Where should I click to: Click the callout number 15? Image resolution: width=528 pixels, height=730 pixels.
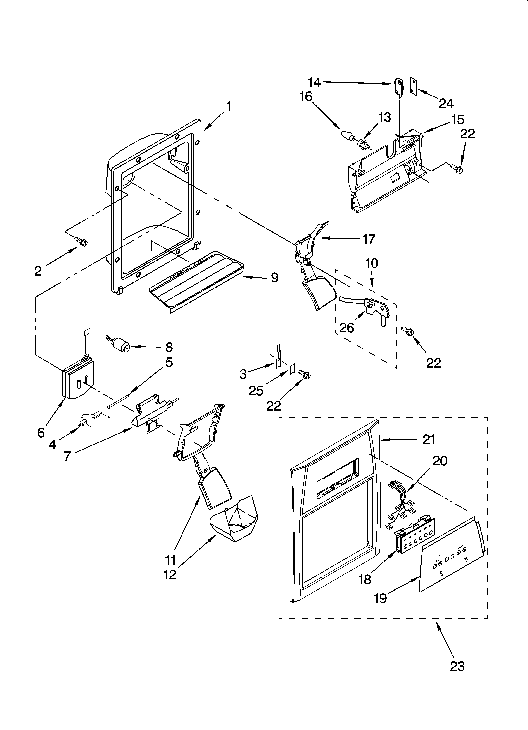(x=458, y=119)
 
